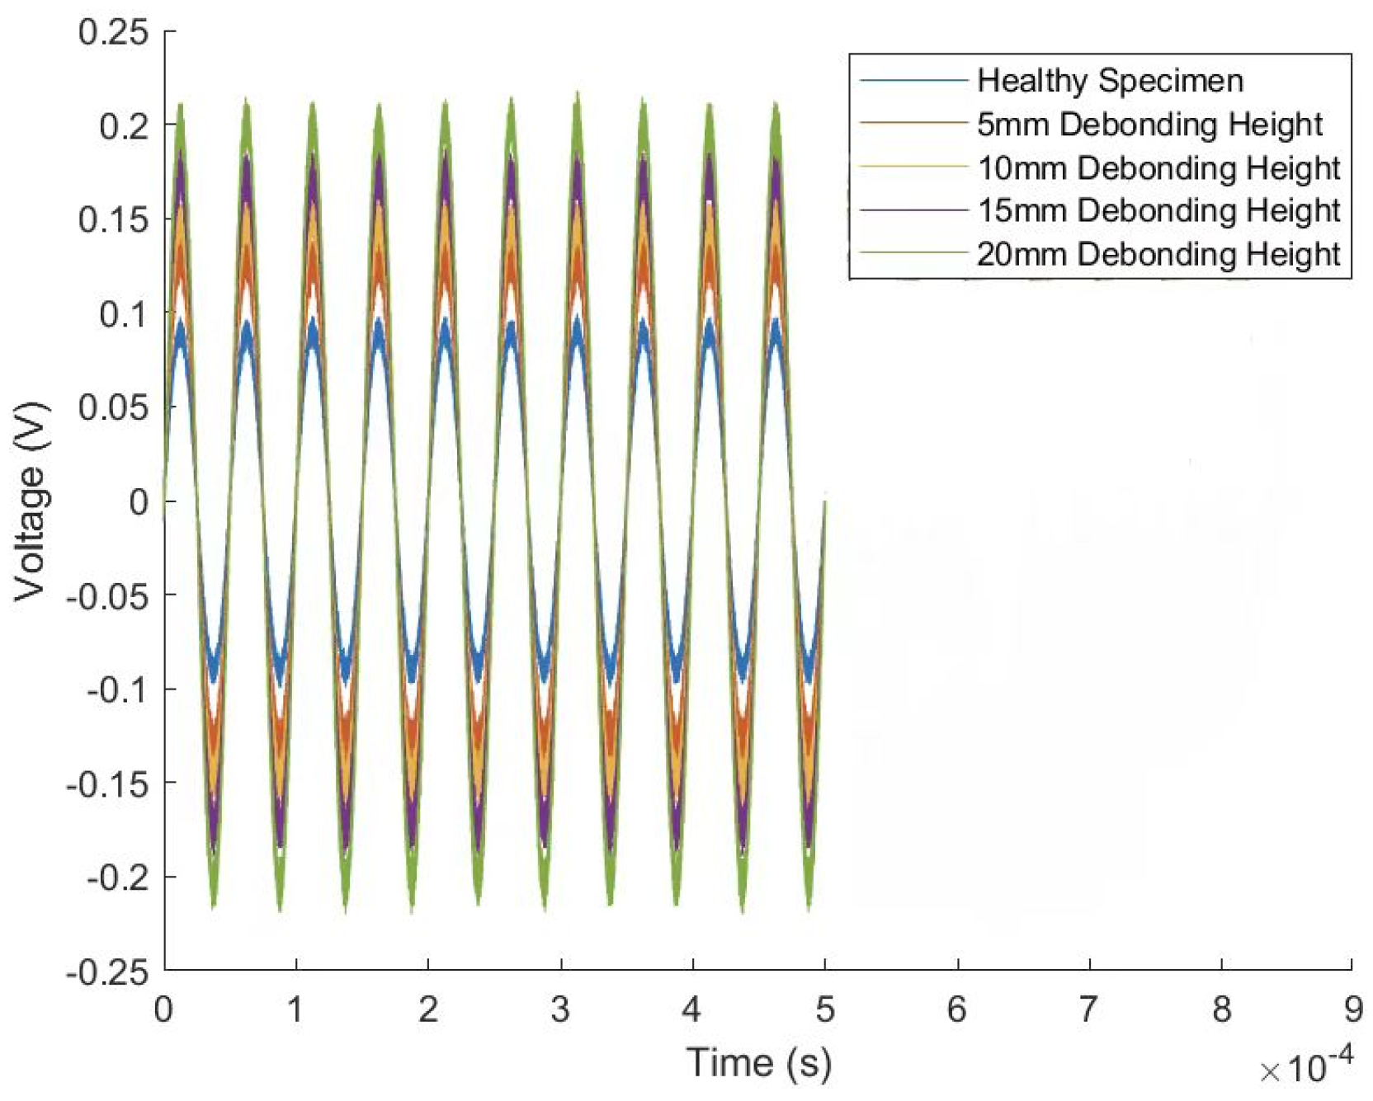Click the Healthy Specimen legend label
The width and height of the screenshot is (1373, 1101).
click(x=1110, y=81)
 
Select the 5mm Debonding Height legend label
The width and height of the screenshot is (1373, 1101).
click(x=1149, y=125)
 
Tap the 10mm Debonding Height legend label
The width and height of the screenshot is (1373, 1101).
click(x=1158, y=168)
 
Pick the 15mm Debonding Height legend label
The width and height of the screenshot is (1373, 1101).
click(x=1158, y=210)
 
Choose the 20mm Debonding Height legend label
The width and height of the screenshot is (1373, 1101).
click(x=1158, y=254)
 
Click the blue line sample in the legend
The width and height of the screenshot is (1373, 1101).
click(x=913, y=81)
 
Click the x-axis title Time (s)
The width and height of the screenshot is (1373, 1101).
click(x=758, y=1062)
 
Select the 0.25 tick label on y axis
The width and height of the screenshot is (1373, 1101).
click(x=114, y=32)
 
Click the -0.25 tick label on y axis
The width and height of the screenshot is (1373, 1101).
click(x=108, y=973)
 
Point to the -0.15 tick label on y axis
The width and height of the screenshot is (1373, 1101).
click(x=108, y=784)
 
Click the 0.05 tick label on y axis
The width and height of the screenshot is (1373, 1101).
click(x=114, y=408)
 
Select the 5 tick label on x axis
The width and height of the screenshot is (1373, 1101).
click(x=825, y=1009)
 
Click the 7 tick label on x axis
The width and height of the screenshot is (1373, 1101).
click(x=1088, y=1009)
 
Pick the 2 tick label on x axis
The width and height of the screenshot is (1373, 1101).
click(x=427, y=1009)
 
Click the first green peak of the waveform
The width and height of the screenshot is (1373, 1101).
click(x=181, y=106)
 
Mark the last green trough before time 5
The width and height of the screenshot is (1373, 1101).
click(x=808, y=907)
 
